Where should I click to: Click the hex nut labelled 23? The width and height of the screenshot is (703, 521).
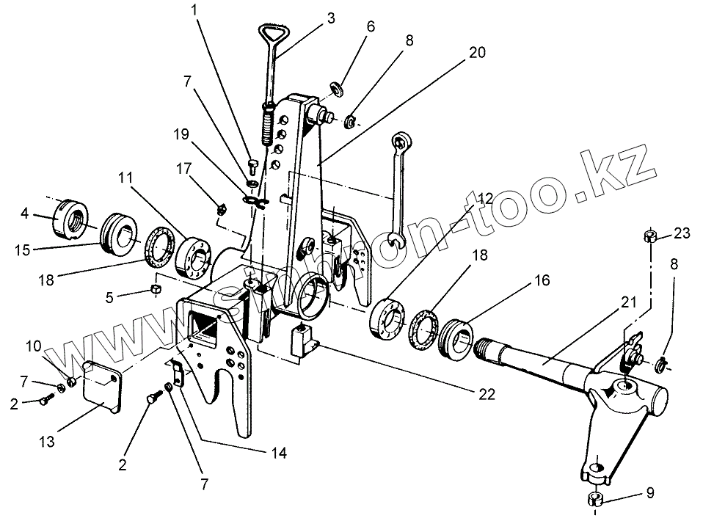(649, 236)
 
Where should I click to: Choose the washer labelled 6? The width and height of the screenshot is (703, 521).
(338, 89)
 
